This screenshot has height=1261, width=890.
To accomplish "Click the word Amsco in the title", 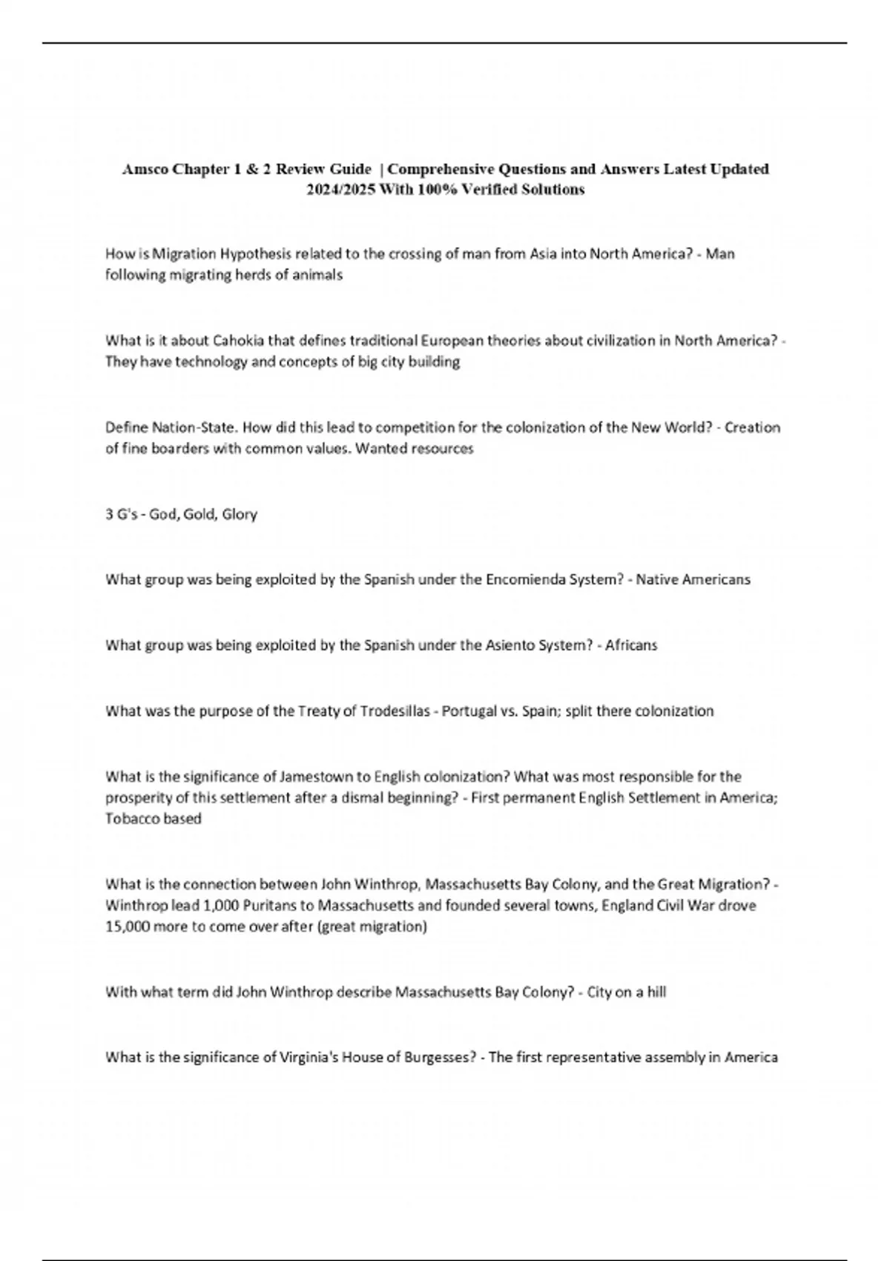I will coord(145,169).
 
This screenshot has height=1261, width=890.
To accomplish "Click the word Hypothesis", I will coord(256,254).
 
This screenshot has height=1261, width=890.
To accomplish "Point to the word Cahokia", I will coord(234,340).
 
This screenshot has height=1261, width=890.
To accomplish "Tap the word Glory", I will coord(239,514).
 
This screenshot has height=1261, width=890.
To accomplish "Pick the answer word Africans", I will coord(631,645).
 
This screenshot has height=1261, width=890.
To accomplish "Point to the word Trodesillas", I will coord(395,711).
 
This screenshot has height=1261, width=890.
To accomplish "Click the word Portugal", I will coord(469,711).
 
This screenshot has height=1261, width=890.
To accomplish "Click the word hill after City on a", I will coord(656,992).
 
